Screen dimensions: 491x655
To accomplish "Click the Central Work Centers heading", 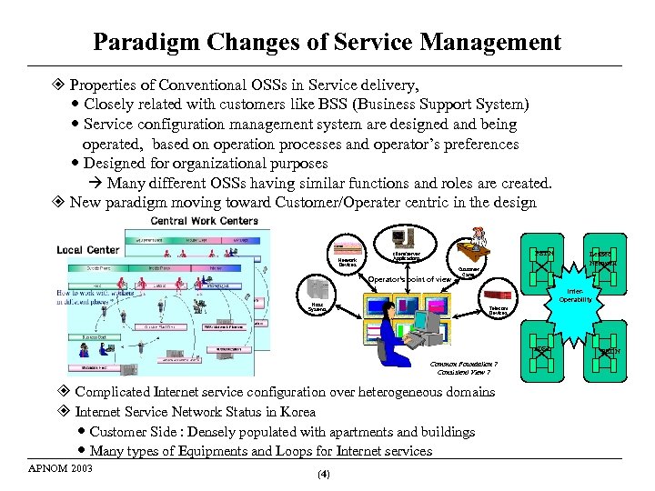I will tap(205, 221).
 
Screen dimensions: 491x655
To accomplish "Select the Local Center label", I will tap(87, 249).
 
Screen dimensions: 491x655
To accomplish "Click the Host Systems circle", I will tap(317, 307).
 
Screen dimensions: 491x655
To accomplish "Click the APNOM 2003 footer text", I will tap(61, 469).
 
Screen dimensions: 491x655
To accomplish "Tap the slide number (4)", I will tap(324, 475).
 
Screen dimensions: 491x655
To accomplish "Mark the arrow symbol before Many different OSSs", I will tap(96, 183).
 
